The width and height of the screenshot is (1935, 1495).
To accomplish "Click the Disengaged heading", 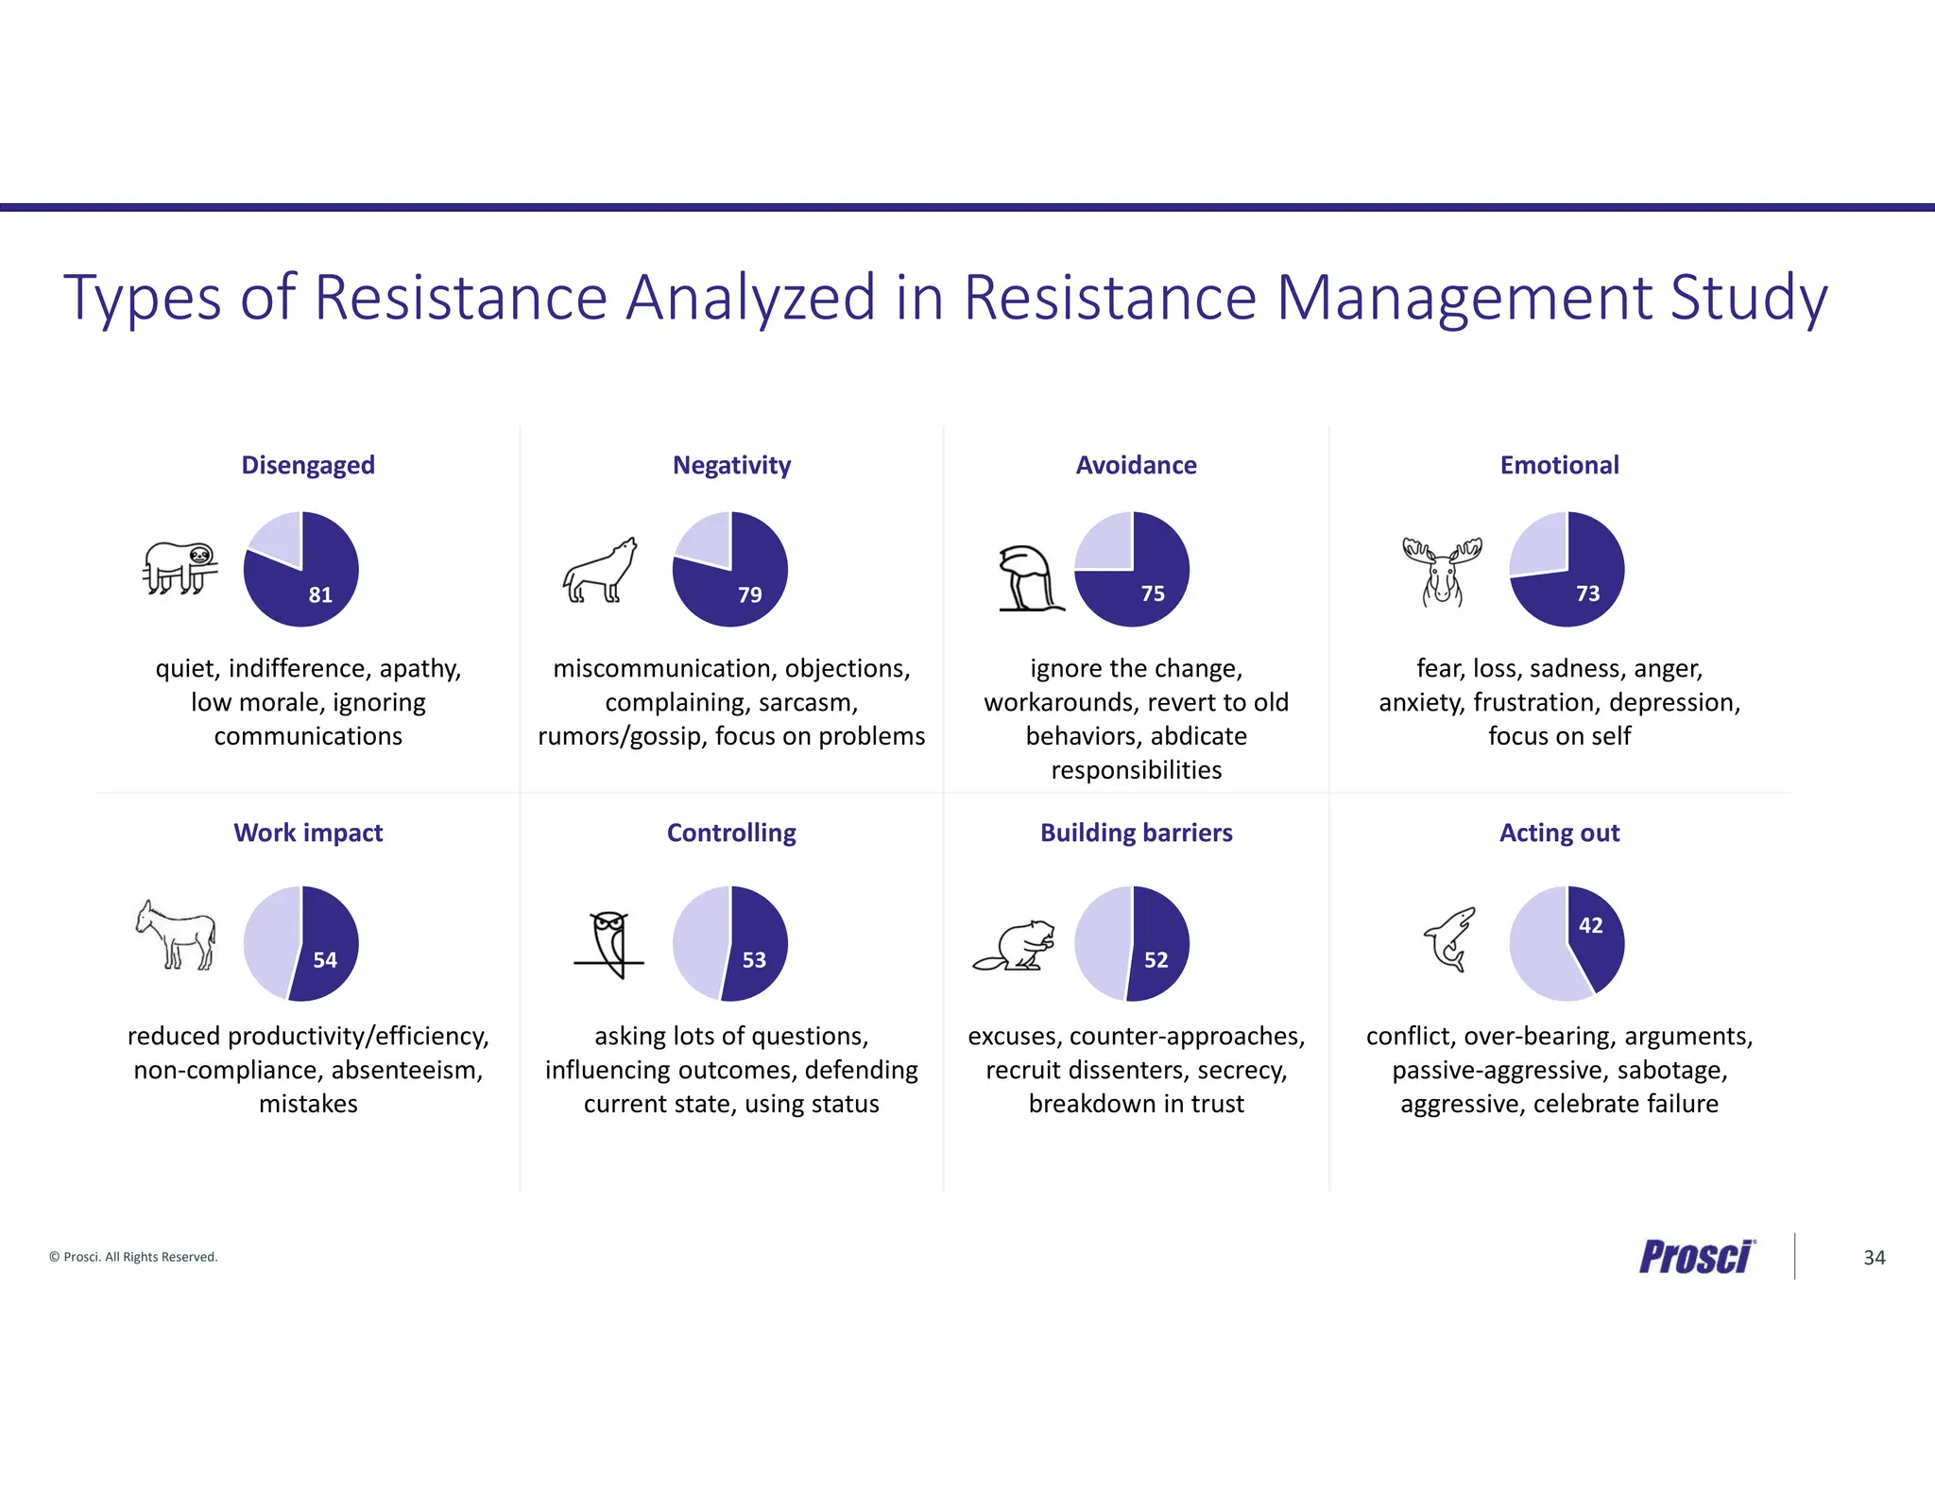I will tap(308, 465).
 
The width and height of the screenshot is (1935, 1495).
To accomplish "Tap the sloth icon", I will tap(180, 567).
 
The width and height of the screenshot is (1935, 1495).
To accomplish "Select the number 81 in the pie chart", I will tap(320, 594).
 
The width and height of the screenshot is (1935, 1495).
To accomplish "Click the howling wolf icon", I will tap(599, 571).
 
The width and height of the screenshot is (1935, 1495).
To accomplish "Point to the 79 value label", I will tap(749, 594).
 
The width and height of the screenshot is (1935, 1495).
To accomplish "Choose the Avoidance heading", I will tap(1136, 465).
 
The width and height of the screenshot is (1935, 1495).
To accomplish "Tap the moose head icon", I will tap(1442, 571).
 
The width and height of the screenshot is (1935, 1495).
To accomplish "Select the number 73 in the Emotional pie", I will tap(1587, 593).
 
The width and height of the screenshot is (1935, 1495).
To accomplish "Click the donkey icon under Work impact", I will tap(176, 935).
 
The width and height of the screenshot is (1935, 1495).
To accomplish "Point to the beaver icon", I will tap(1015, 946).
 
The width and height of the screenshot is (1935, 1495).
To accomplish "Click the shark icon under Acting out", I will tap(1449, 939).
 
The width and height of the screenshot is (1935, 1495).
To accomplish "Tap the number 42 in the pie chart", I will tap(1590, 925).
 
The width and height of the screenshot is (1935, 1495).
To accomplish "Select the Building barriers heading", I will tap(1136, 833).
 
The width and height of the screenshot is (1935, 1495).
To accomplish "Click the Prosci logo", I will tap(1696, 1257).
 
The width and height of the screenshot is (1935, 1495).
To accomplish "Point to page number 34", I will tap(1874, 1258).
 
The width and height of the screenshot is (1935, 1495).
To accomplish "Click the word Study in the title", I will tap(1748, 298).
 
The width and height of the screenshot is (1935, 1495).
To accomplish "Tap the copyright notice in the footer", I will tap(133, 1257).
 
